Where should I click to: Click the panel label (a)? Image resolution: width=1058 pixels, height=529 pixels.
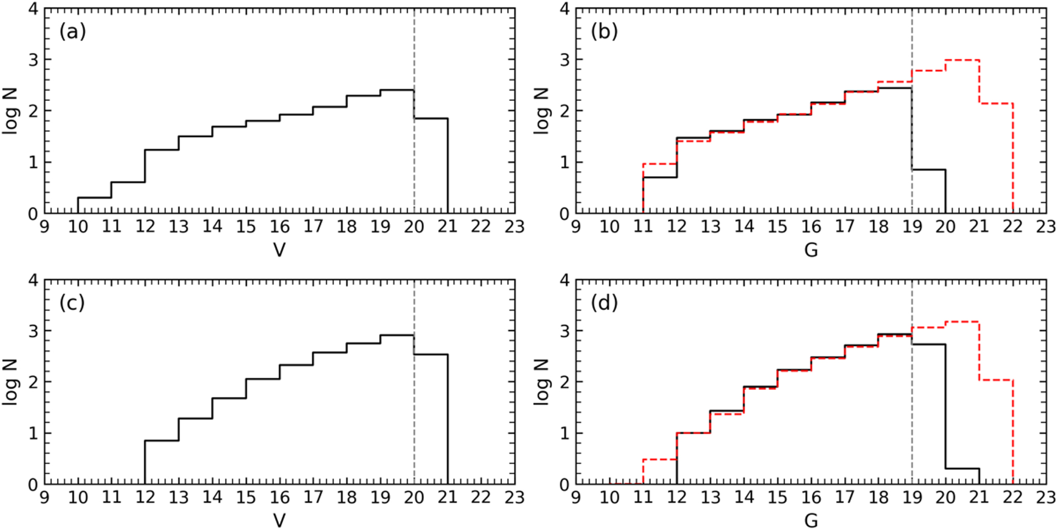click(72, 32)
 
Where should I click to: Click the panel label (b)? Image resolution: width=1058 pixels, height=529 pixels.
click(604, 32)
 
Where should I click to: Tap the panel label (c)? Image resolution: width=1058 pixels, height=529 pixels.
click(72, 303)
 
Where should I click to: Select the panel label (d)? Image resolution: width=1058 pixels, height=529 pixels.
click(604, 303)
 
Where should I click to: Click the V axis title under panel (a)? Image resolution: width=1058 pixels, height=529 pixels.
click(279, 250)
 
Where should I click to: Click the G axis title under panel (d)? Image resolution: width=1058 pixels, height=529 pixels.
click(811, 521)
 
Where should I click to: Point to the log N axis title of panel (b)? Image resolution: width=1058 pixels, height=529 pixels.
click(541, 111)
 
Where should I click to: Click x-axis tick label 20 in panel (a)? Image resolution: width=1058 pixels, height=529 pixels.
click(414, 227)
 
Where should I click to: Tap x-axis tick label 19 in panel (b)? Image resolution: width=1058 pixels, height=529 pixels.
click(912, 227)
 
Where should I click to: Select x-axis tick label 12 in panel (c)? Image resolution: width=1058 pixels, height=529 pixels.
click(145, 498)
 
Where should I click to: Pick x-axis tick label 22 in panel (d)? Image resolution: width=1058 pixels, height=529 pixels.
click(1013, 498)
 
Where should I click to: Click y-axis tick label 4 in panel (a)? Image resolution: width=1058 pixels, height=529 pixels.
click(33, 9)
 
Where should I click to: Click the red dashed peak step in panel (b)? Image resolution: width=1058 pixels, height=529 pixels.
click(962, 60)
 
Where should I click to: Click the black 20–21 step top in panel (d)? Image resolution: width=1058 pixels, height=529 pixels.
click(962, 469)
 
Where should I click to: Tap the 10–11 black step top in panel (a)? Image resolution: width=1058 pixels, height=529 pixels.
click(94, 197)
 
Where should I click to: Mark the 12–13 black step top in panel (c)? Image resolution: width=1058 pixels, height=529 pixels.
click(162, 441)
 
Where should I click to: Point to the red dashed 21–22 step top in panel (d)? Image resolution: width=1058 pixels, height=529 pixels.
click(996, 380)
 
